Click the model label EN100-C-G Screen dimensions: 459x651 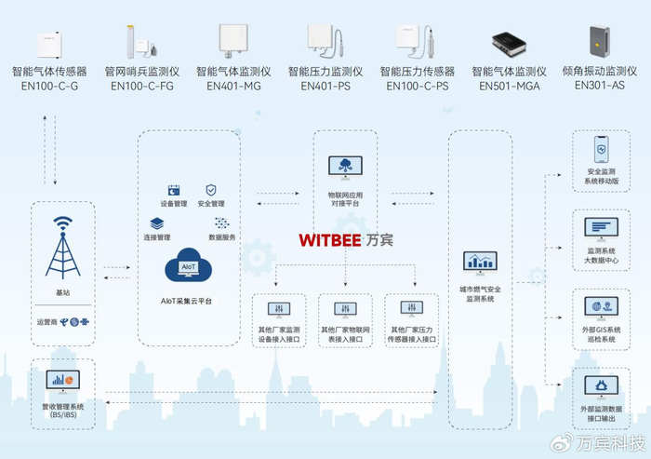click(x=48, y=86)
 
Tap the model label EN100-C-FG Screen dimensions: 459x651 click(x=141, y=86)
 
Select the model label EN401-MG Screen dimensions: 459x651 click(x=232, y=86)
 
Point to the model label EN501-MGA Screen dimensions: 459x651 click(x=509, y=86)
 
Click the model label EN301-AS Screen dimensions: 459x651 click(x=601, y=86)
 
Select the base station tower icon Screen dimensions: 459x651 click(x=62, y=247)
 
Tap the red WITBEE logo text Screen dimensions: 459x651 click(x=330, y=239)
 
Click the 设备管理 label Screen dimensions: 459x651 click(x=174, y=203)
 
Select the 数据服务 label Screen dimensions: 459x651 click(x=222, y=236)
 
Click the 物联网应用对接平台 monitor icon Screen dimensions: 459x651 click(x=345, y=168)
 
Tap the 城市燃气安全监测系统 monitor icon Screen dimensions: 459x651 click(x=480, y=262)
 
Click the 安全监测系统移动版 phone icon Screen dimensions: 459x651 click(x=602, y=151)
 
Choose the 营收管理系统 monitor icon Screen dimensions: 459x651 click(x=62, y=380)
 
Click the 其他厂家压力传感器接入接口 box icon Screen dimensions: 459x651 click(x=412, y=308)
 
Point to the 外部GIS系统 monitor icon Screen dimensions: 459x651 click(x=602, y=305)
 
